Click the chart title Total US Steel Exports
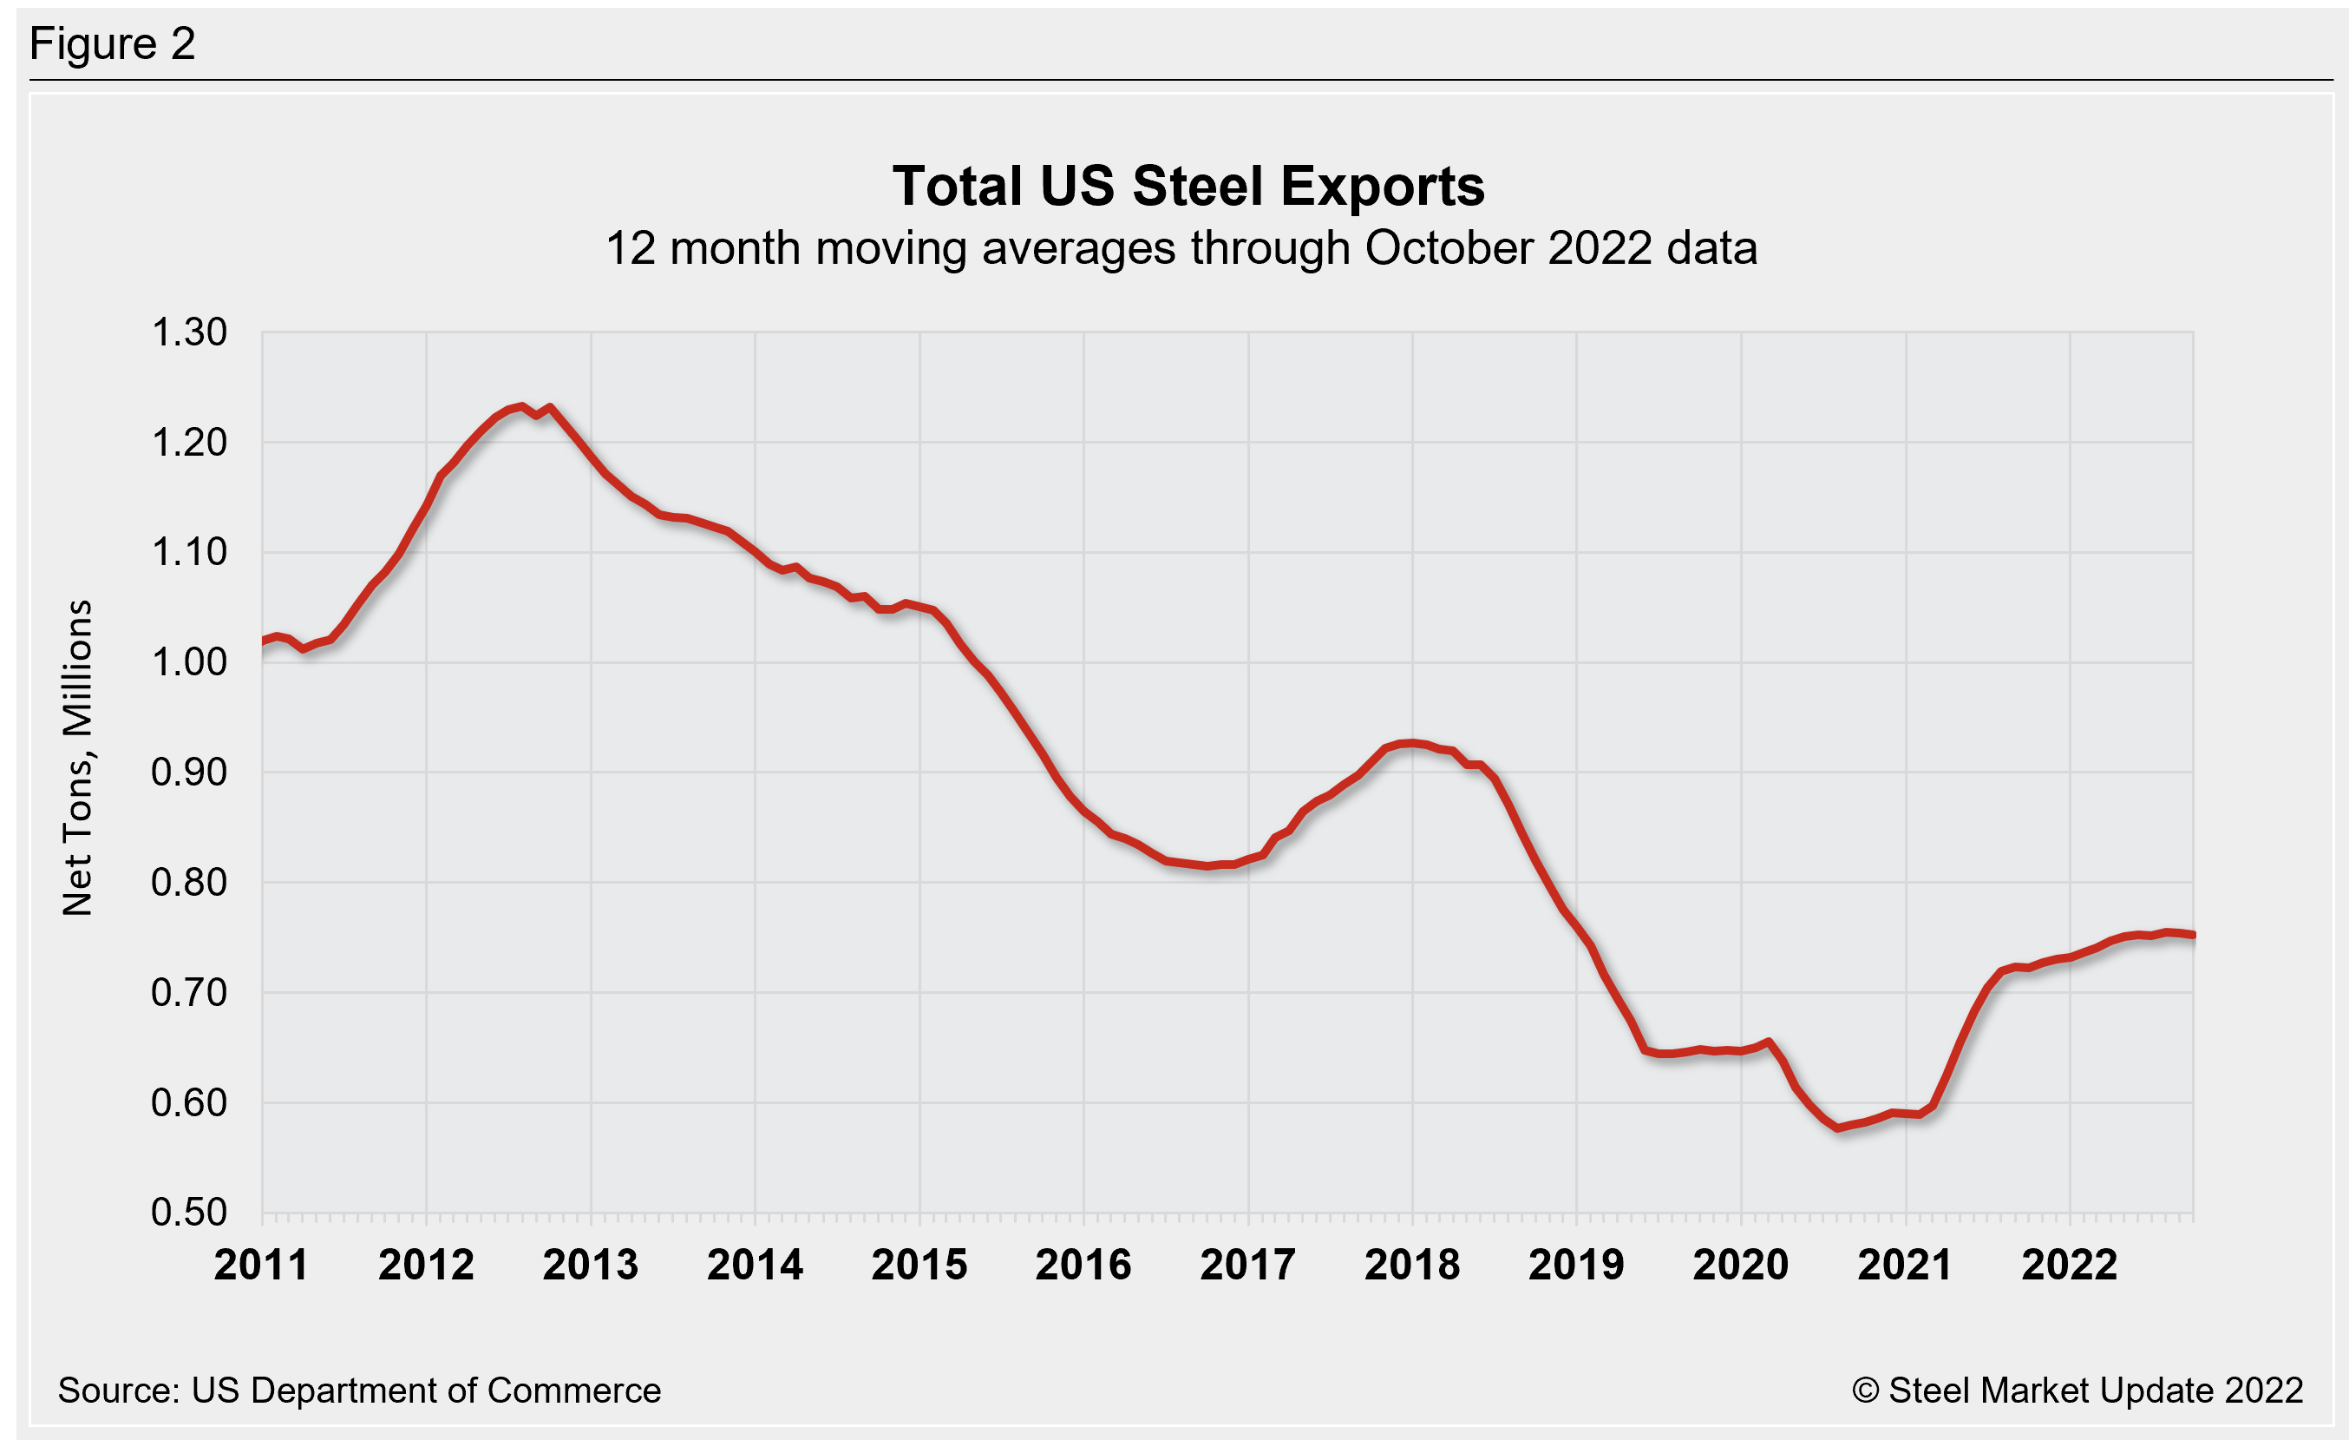coord(1188,186)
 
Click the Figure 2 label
coord(113,44)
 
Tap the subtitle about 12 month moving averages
coord(1181,248)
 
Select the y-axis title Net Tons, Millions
coord(78,758)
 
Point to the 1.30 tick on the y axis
coord(189,332)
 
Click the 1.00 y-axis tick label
coord(189,661)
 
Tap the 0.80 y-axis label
coord(189,882)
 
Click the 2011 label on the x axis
coord(261,1266)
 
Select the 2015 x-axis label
coord(919,1266)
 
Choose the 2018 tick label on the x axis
coord(1412,1266)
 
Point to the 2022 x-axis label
coord(2070,1266)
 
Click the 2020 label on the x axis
coord(1741,1266)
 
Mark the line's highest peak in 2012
coord(520,406)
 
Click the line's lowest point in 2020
coord(1839,1128)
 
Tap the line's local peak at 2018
coord(1412,742)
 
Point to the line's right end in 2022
coord(2193,936)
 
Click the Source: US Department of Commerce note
coord(359,1391)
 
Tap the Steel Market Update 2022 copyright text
coord(2077,1391)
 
